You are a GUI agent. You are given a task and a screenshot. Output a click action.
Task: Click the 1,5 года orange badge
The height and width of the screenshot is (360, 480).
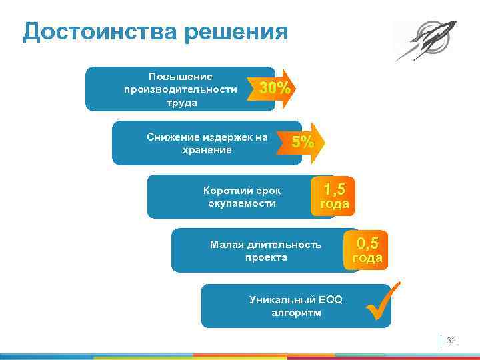[x=333, y=197]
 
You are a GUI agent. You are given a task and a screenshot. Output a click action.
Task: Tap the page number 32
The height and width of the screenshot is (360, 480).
[x=451, y=341]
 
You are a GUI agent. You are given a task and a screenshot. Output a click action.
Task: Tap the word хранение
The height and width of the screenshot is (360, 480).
[x=207, y=150]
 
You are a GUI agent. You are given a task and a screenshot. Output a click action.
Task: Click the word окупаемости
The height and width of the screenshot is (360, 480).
[x=242, y=203]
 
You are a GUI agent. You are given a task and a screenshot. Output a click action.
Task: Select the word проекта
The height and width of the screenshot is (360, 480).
[x=265, y=257]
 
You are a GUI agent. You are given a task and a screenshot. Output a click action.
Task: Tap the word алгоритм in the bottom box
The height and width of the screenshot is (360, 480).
[x=295, y=312]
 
